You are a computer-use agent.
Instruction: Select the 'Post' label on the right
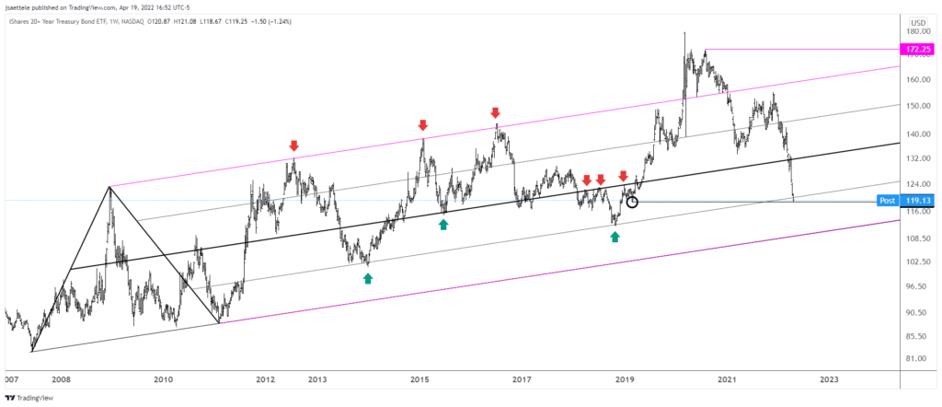pyautogui.click(x=888, y=200)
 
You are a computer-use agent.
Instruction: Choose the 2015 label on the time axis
pyautogui.click(x=419, y=378)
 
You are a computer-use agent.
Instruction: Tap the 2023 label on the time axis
pyautogui.click(x=829, y=378)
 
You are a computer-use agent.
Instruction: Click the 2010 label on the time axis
pyautogui.click(x=164, y=378)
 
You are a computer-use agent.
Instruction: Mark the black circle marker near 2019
pyautogui.click(x=632, y=202)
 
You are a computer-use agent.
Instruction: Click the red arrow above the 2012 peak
pyautogui.click(x=293, y=145)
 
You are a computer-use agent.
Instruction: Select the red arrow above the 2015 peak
pyautogui.click(x=423, y=124)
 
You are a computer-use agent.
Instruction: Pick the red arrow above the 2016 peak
pyautogui.click(x=496, y=112)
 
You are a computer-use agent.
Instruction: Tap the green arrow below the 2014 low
pyautogui.click(x=368, y=278)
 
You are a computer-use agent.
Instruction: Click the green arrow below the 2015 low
pyautogui.click(x=443, y=224)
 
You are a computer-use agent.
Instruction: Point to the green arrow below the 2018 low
pyautogui.click(x=615, y=237)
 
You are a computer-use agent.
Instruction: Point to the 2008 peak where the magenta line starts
pyautogui.click(x=109, y=187)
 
